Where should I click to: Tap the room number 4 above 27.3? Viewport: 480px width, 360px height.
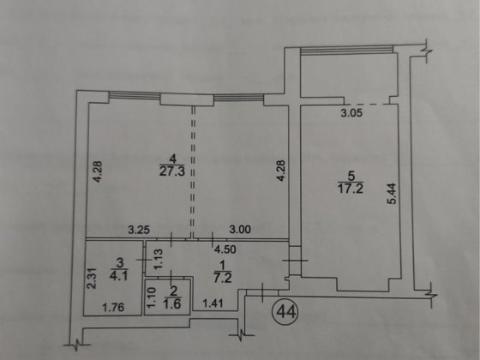click(x=172, y=158)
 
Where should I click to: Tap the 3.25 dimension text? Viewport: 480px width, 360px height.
click(x=140, y=229)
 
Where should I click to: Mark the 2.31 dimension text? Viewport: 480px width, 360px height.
click(x=90, y=280)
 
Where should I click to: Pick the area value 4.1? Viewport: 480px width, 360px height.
click(x=119, y=276)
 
